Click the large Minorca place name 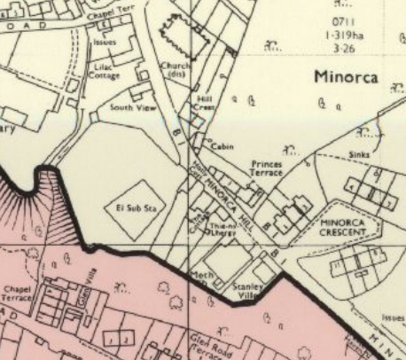(346, 77)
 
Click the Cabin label (223, 146)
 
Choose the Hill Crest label (205, 104)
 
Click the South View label (127, 107)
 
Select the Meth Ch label (203, 279)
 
